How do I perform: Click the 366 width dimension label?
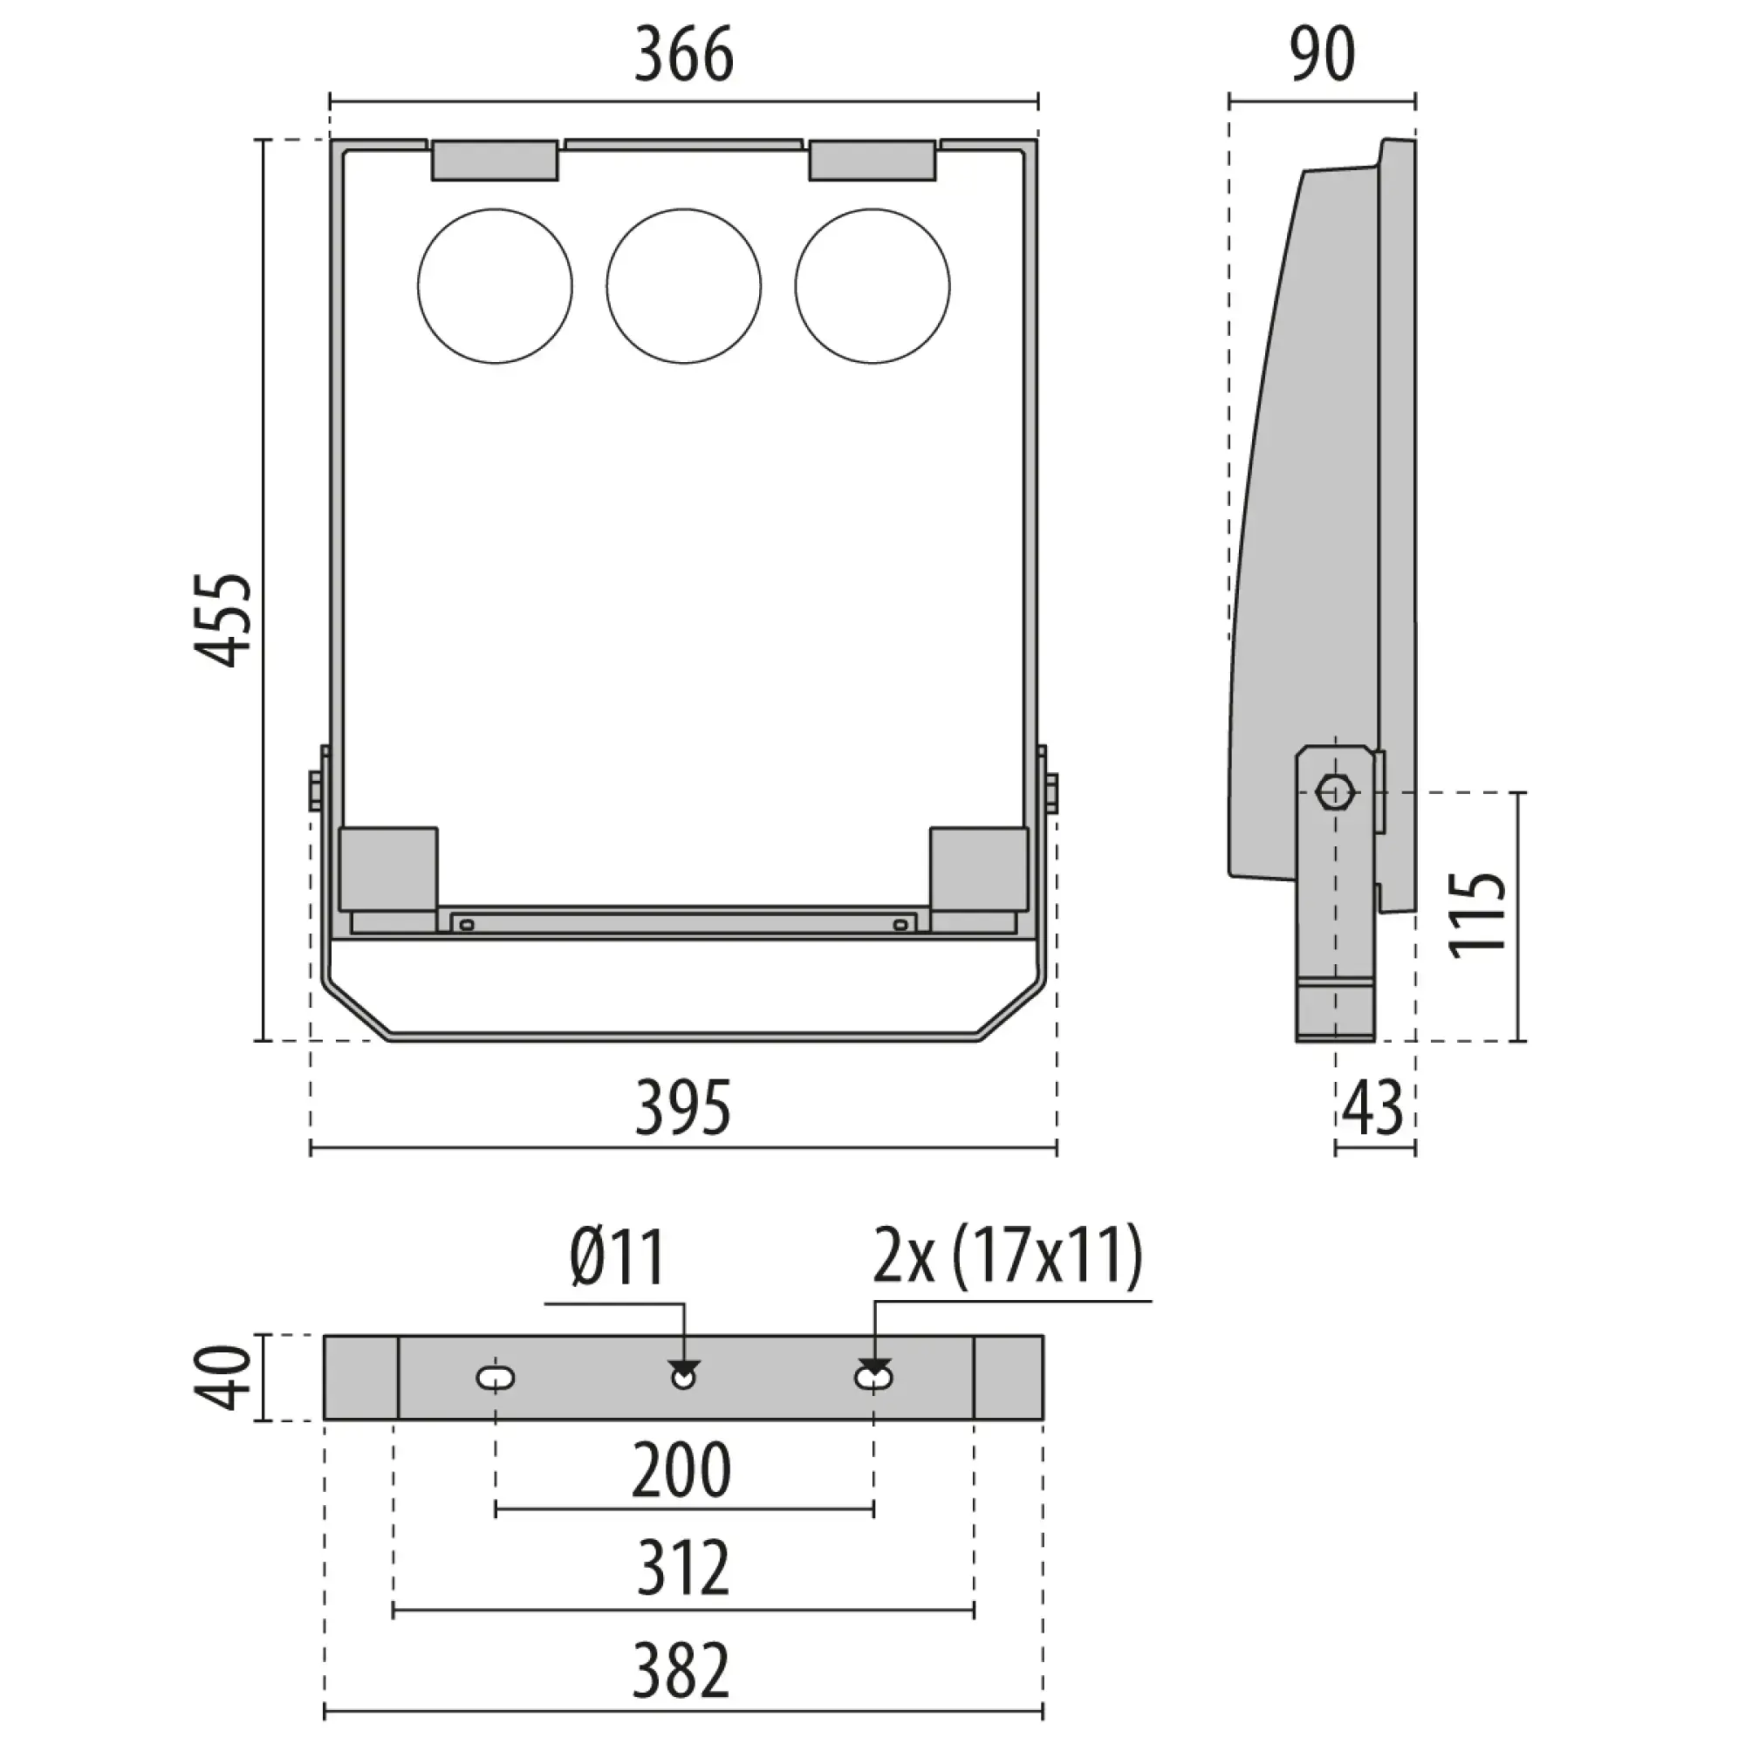coord(684,55)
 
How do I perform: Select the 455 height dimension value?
coord(222,619)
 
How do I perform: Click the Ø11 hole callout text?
coord(618,1256)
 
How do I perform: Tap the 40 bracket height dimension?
coord(222,1377)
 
